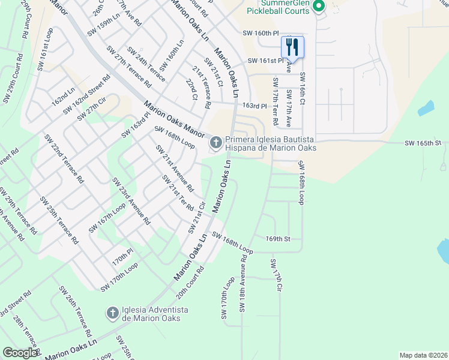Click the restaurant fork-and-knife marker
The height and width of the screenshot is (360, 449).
coord(292,46)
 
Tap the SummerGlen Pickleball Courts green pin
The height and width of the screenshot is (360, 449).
coord(319,7)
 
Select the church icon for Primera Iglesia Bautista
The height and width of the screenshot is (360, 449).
coord(215,143)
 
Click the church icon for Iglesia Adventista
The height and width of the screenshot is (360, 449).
coord(112,313)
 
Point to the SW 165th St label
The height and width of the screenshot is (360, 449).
coord(423,143)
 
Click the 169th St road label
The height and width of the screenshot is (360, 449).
coord(278,238)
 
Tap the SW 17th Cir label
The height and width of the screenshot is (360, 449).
coord(276,275)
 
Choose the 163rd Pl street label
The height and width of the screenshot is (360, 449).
coord(254,106)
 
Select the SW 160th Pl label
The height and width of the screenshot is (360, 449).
coord(261,34)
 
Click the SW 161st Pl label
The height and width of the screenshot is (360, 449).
coord(263,61)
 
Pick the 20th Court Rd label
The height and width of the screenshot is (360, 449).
coord(191,283)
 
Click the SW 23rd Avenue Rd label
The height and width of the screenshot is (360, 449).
coord(131,201)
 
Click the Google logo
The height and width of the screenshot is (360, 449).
coord(20,353)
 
